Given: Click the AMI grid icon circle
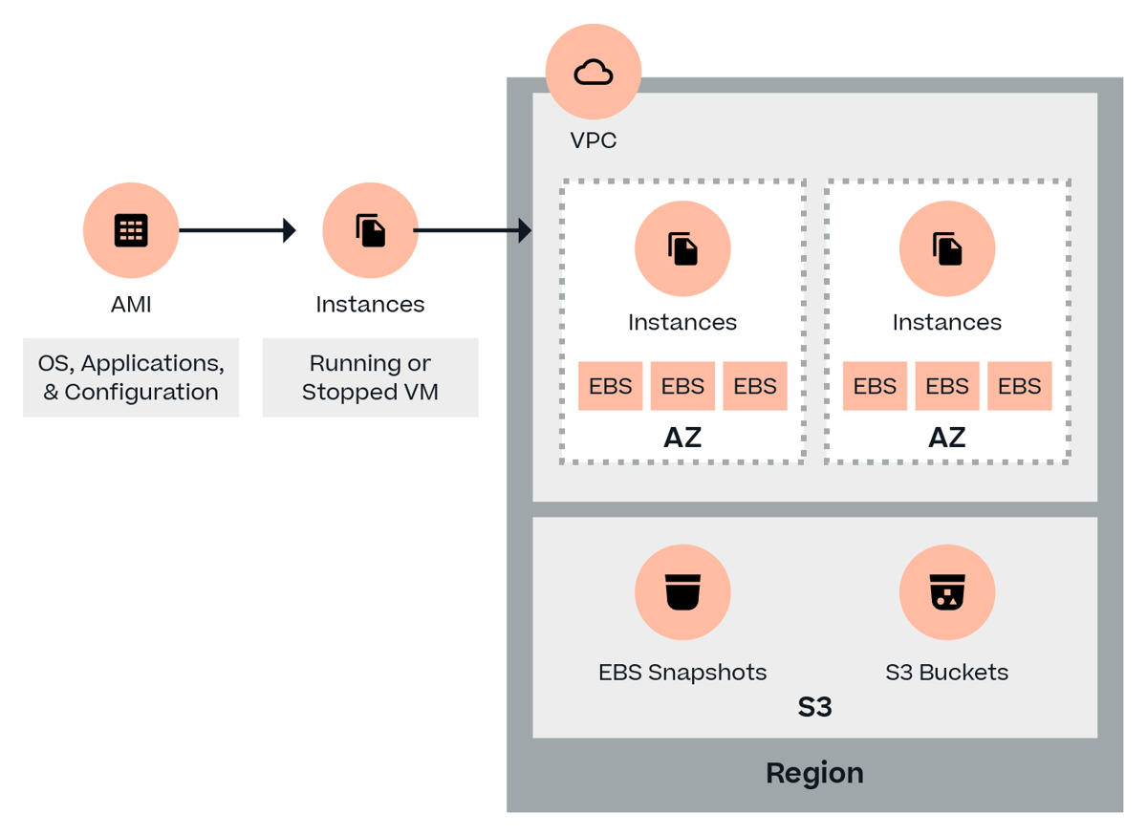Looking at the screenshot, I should point(131,230).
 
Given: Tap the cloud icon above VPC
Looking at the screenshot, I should point(594,73).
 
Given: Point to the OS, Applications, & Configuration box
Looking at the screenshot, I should point(131,377).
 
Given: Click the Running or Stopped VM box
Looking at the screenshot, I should point(370,377).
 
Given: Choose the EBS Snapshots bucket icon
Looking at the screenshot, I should point(682,592).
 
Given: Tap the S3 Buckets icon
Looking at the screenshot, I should point(947,592).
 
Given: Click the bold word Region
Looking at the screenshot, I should point(814,773).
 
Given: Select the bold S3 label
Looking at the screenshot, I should point(814,707).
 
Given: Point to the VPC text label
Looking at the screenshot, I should point(594,140).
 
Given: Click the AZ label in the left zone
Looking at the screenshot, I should point(682,438).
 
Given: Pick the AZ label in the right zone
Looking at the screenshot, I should point(947,438).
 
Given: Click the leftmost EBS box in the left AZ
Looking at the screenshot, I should point(611,386).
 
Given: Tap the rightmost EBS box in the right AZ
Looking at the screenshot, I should point(1019,386).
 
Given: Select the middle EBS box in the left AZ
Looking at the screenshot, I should point(682,386).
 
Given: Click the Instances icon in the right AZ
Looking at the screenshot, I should point(947,248).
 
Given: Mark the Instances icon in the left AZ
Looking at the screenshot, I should point(682,248).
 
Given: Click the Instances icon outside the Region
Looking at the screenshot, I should point(370,230).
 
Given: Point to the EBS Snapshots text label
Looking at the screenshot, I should point(682,672).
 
